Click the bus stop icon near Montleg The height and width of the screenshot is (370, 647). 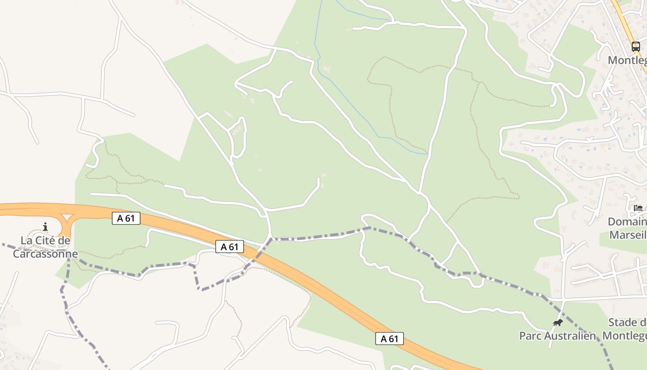point(636,46)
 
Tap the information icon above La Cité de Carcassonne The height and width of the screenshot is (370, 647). point(45,227)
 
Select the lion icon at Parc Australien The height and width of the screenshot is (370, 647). point(558,322)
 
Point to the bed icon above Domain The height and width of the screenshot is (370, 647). point(638,208)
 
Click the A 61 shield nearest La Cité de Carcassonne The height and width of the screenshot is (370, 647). point(126,218)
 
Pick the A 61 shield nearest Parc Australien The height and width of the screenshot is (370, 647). point(389,339)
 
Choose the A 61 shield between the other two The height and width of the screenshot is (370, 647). point(229,247)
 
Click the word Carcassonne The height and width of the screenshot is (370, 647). point(45,254)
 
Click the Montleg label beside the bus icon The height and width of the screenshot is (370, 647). point(627,60)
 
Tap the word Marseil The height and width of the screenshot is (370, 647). point(628,235)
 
